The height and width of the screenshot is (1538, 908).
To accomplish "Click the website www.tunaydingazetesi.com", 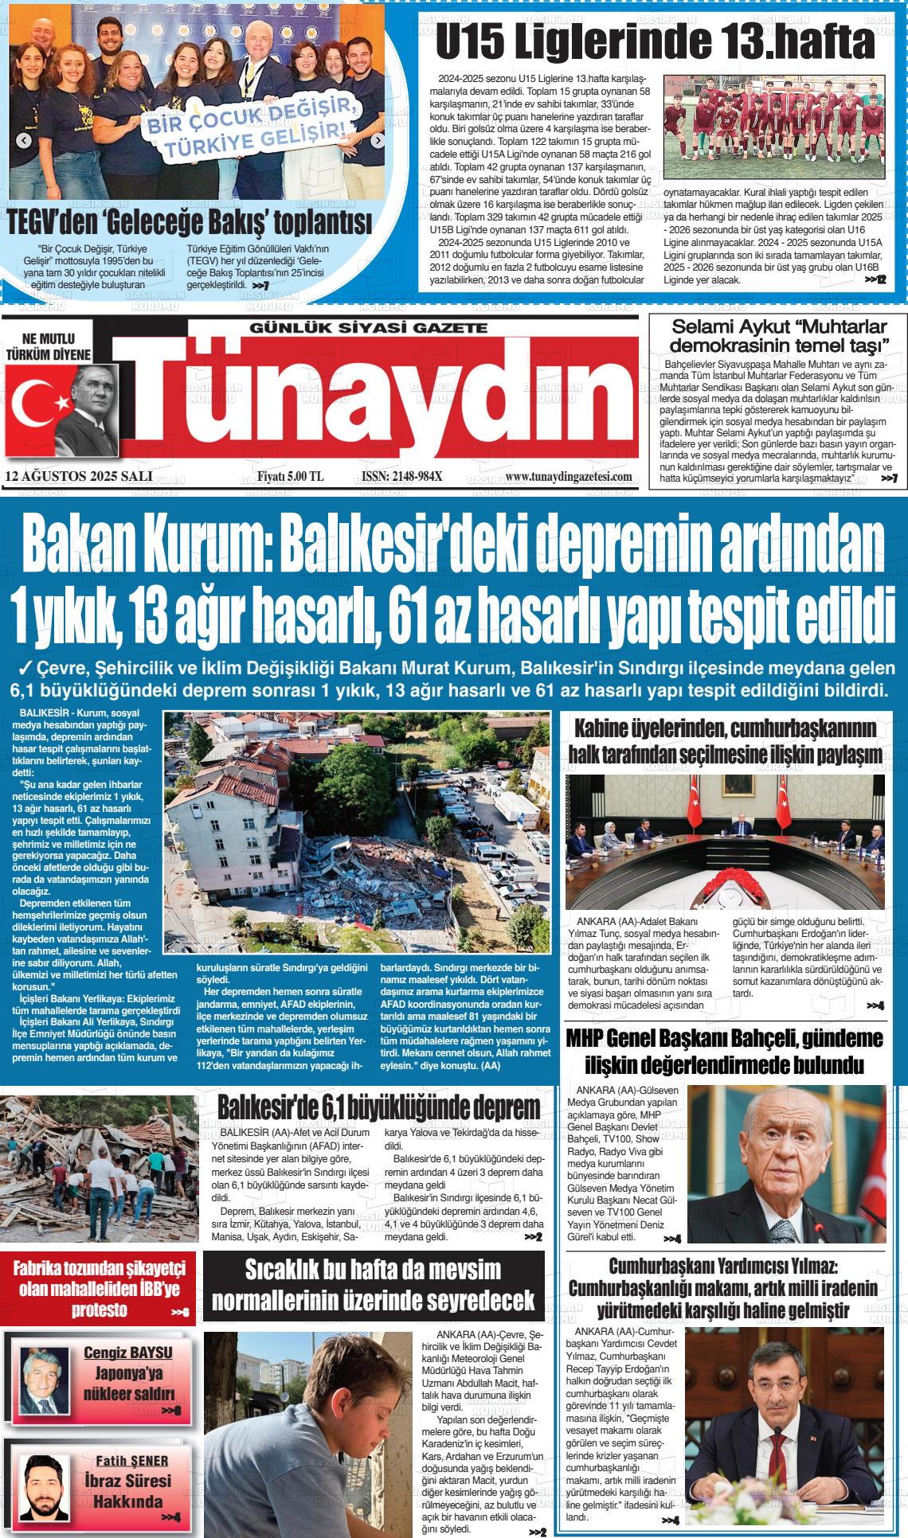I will tap(569, 476).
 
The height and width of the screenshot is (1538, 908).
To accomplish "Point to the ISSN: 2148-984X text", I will tap(401, 476).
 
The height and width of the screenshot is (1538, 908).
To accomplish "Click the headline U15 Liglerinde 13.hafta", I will tap(655, 41).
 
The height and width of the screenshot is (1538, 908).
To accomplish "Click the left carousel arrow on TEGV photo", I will tap(24, 141).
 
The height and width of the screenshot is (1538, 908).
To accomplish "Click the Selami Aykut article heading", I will tap(779, 336).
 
